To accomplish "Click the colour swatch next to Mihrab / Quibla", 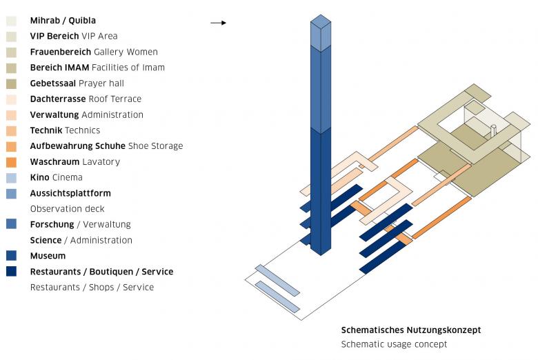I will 12,21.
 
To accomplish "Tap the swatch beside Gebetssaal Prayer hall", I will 12,83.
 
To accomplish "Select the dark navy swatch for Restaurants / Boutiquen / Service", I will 12,271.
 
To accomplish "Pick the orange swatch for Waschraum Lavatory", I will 12,162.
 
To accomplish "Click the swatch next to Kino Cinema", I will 12,178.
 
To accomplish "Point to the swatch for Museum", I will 12,255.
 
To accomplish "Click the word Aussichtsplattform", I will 70,193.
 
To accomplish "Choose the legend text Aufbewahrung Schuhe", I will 77,146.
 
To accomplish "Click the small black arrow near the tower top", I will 218,23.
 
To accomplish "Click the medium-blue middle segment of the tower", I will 321,90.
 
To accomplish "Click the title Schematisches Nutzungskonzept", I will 410,330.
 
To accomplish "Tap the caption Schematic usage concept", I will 398,344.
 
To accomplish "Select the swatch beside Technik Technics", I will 12,130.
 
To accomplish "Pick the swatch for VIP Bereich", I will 12,37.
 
